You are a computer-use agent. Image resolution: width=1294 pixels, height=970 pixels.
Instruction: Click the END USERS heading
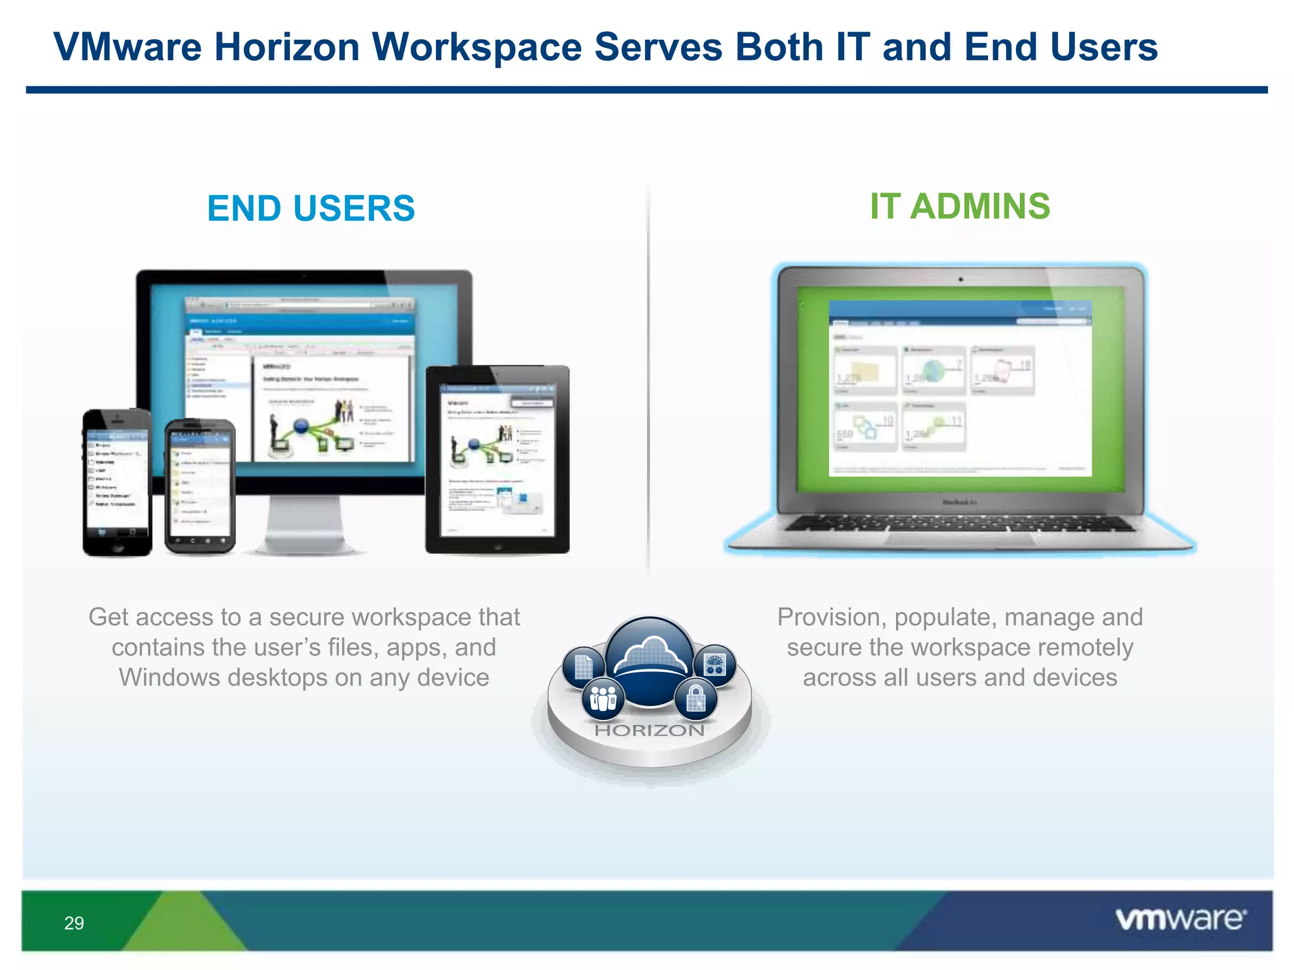311,208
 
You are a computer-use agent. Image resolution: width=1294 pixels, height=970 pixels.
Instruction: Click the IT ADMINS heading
960,206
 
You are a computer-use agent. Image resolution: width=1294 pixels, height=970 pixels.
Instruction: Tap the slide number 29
74,923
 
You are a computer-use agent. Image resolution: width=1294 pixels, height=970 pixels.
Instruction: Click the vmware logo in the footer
1180,919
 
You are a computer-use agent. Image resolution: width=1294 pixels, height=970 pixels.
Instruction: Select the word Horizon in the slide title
287,47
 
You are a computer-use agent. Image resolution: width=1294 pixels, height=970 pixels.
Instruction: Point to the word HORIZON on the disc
650,731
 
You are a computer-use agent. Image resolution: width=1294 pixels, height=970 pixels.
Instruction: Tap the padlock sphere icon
696,699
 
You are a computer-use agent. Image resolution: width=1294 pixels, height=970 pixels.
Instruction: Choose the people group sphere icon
603,698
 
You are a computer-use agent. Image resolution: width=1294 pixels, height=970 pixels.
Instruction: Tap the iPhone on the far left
117,483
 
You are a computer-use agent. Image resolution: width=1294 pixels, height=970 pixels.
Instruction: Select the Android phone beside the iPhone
200,486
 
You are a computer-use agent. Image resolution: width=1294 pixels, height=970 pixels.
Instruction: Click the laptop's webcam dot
960,279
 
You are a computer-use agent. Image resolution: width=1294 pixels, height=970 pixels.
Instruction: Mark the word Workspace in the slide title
477,47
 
